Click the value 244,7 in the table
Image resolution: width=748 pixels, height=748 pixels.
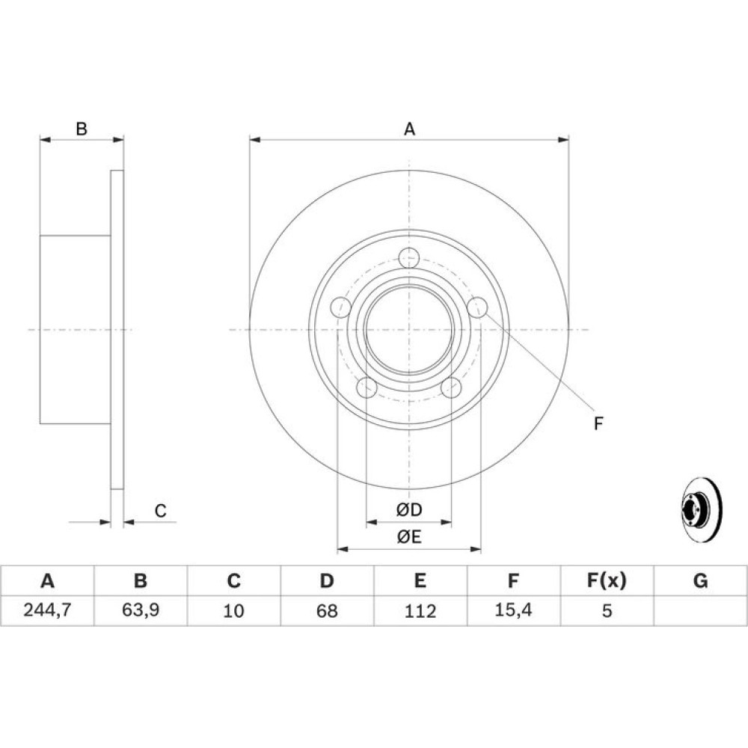point(47,610)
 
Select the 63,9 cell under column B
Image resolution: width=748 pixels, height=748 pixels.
point(141,610)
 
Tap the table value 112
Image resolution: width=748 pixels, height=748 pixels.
point(420,610)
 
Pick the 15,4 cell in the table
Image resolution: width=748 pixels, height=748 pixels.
point(513,610)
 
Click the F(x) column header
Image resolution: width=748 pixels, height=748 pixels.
point(607,580)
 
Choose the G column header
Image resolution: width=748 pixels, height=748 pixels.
point(700,580)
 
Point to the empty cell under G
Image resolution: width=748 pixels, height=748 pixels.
point(700,610)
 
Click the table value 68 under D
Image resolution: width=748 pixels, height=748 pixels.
point(327,610)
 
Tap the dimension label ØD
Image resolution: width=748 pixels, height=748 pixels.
point(409,510)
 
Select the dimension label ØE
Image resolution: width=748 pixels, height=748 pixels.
point(409,537)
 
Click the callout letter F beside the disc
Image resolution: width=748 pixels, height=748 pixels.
point(598,423)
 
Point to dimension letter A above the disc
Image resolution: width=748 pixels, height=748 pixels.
point(409,129)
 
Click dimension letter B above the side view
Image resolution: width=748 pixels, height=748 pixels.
point(82,129)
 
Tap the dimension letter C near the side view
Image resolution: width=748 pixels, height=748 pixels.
point(160,510)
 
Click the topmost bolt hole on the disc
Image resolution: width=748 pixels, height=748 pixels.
point(409,258)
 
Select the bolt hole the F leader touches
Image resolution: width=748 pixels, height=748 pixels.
point(477,307)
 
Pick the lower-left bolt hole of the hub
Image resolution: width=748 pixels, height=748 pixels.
point(367,387)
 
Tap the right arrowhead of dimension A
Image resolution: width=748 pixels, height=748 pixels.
point(563,140)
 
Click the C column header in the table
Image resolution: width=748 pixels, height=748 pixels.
point(233,580)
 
